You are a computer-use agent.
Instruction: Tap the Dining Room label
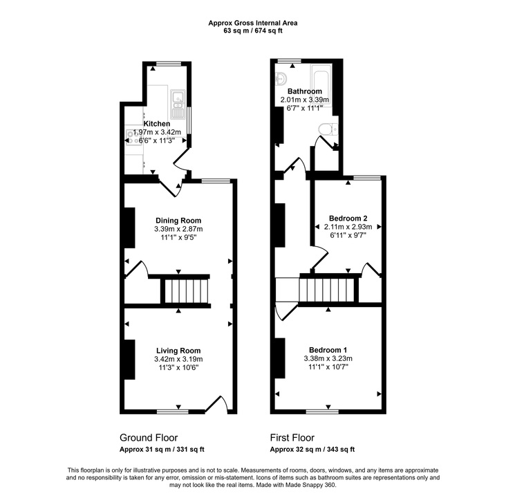178,221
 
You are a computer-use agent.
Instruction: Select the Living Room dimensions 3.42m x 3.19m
178,359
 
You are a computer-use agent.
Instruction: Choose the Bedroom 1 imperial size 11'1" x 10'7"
328,367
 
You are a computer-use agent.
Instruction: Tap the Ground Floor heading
149,438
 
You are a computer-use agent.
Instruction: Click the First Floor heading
292,438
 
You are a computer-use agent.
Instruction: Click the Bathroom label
305,91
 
